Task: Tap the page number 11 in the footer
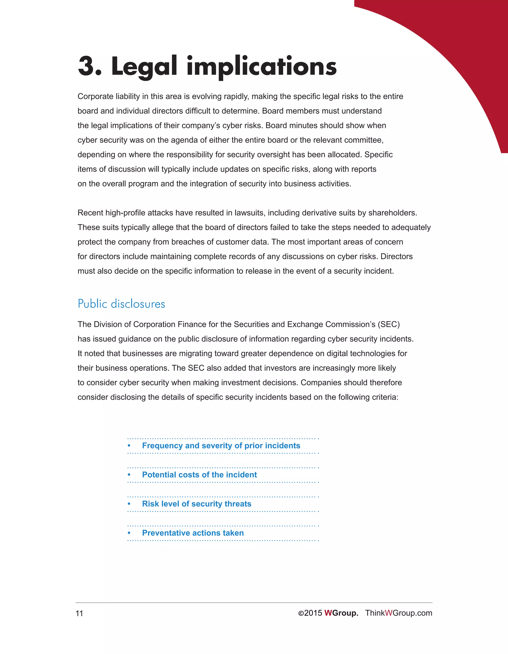coord(79,613)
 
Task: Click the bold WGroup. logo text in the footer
coord(341,613)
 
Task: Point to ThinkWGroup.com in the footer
coord(399,613)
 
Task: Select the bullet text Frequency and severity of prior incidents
coord(221,446)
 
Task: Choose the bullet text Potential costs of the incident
coord(199,475)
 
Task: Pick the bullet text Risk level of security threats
coord(196,504)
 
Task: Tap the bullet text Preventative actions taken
coord(193,533)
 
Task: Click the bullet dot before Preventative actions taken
coord(129,533)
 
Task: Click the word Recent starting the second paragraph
coord(90,213)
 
